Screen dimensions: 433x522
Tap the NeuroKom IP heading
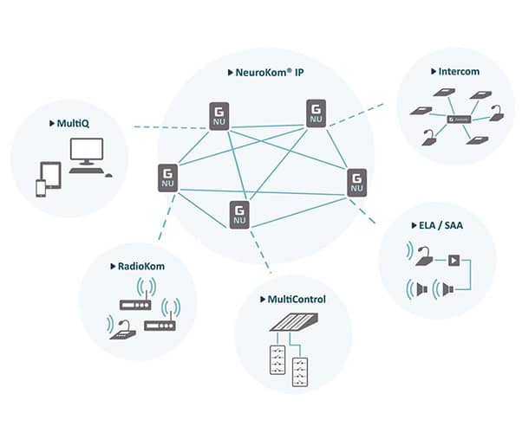click(x=265, y=73)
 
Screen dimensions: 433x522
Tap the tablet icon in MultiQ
click(x=53, y=175)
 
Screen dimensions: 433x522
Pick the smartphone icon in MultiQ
click(x=39, y=188)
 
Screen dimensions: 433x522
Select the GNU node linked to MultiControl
click(x=240, y=214)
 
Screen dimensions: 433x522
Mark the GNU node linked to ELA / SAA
click(x=356, y=183)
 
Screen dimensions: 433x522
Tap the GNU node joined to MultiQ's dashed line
click(x=219, y=117)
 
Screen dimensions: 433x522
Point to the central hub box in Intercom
click(x=458, y=119)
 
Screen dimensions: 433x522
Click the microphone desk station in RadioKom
click(x=126, y=330)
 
